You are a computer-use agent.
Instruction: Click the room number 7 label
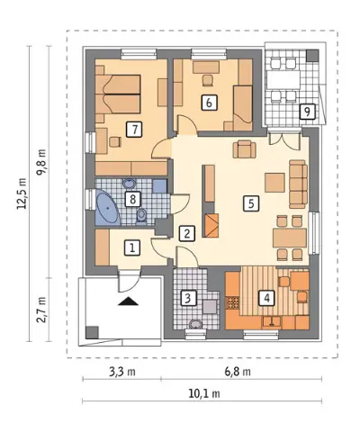coord(134,130)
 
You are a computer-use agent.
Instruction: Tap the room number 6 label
coord(209,103)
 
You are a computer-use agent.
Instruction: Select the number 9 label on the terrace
coord(307,112)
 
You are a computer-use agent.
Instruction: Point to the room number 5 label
coord(251,203)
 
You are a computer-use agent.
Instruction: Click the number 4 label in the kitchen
coord(266,298)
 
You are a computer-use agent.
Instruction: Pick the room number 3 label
coord(187,299)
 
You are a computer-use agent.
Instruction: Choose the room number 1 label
coord(132,247)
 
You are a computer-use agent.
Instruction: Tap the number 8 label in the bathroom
coord(132,199)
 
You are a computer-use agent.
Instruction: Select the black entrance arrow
coord(129,301)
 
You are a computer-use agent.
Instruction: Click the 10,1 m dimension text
coord(204,393)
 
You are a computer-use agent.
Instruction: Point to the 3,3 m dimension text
coord(121,372)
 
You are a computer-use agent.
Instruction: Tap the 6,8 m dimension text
coord(238,372)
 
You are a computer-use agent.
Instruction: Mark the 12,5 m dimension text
coord(22,193)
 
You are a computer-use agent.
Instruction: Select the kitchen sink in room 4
coord(272,321)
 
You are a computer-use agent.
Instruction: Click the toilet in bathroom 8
coord(141,216)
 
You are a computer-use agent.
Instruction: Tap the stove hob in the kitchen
coord(232,302)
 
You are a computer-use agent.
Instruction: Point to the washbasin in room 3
coord(195,324)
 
